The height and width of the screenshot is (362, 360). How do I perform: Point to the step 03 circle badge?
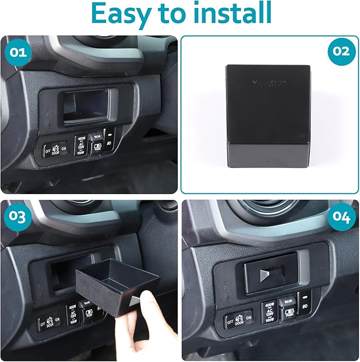(x=17, y=217)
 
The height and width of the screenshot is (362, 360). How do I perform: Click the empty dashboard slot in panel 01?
(x=87, y=108)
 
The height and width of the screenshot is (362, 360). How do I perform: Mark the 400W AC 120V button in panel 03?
(x=73, y=314)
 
